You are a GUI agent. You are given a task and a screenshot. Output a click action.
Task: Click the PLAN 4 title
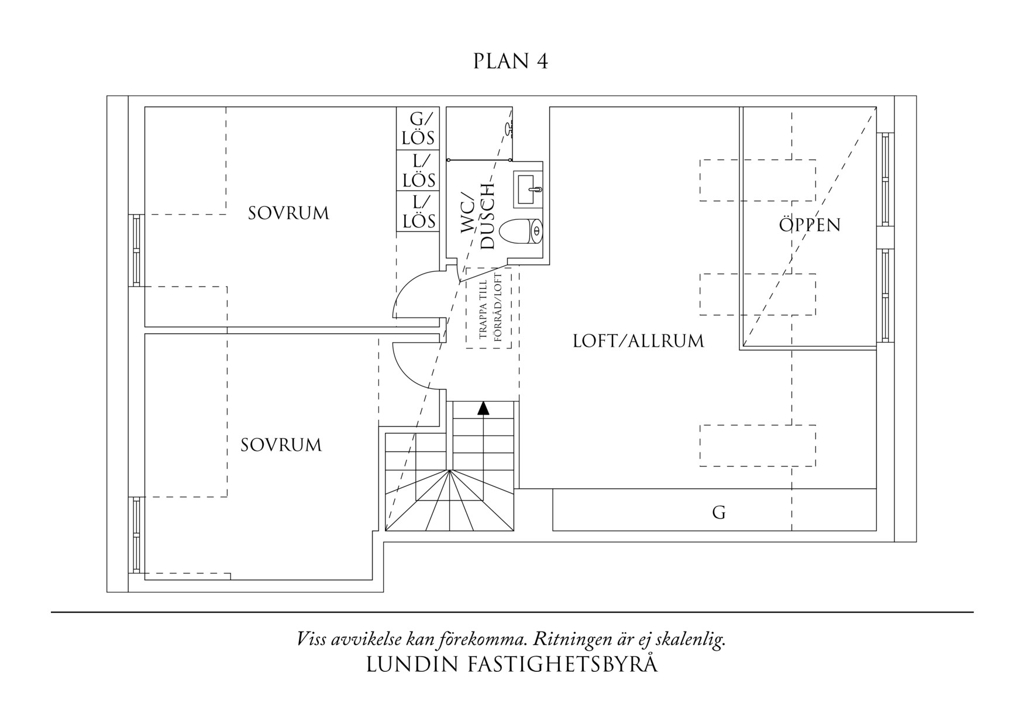[511, 61]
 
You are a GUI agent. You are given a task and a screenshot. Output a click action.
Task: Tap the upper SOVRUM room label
[288, 213]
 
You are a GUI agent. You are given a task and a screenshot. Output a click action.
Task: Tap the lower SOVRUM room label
[281, 446]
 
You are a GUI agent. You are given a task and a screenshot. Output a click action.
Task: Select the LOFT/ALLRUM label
[638, 341]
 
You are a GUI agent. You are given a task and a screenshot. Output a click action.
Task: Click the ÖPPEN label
[810, 225]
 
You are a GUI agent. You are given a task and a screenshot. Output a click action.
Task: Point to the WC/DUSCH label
[478, 217]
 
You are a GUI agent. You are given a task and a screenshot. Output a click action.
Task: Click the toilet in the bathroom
[523, 232]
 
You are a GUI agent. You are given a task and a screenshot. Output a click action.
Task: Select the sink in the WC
[528, 189]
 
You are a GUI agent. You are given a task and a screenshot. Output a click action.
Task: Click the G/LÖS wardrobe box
[418, 129]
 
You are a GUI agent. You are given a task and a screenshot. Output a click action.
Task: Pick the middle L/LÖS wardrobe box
[418, 170]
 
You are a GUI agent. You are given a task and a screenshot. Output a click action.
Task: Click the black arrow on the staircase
[483, 408]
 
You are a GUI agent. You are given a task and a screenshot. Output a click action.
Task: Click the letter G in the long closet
[719, 513]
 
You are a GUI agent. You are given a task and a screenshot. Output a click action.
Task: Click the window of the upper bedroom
[136, 250]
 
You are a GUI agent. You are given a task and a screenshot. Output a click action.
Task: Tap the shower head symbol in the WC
[508, 127]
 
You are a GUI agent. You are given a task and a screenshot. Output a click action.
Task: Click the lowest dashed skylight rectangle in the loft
[758, 446]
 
